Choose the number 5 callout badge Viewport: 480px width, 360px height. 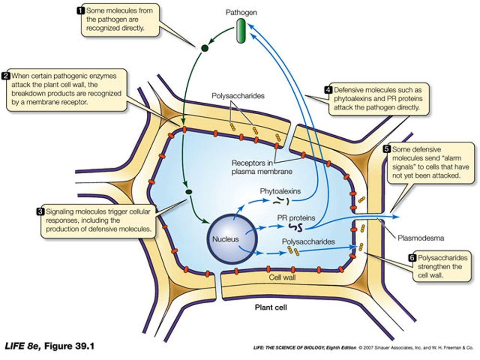point(386,149)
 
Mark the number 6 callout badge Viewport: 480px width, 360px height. point(411,258)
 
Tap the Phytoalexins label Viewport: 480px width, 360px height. point(280,191)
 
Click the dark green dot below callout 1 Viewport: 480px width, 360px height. point(203,48)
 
